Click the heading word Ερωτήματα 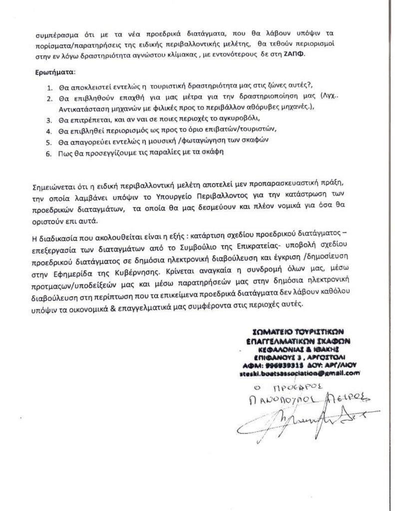tap(57, 72)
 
